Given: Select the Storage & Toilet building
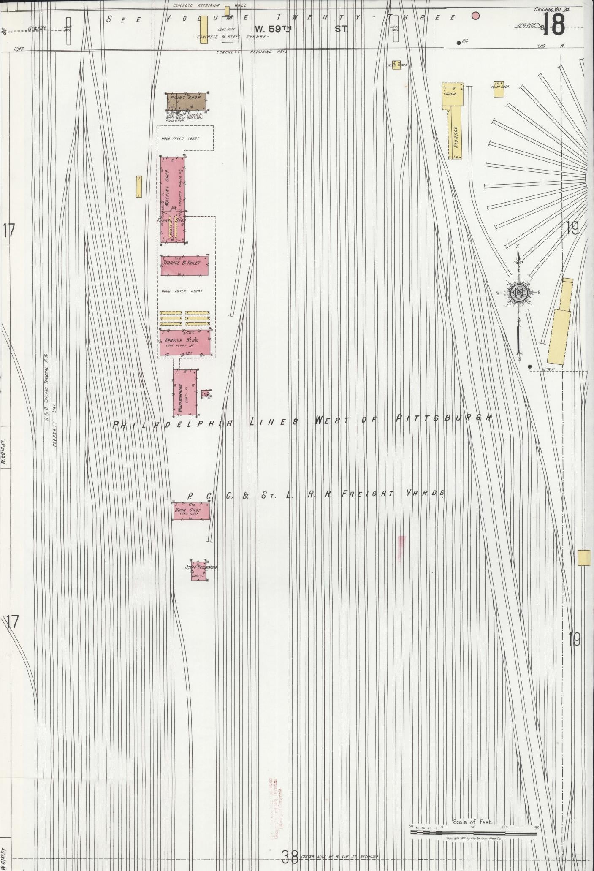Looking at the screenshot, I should [184, 266].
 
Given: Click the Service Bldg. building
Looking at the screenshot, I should [185, 342].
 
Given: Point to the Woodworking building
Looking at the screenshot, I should [185, 392].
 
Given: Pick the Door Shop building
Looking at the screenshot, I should [191, 511].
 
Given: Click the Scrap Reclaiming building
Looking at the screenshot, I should [198, 571].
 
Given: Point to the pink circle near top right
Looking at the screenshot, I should [475, 16].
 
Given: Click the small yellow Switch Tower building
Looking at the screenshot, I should [396, 65].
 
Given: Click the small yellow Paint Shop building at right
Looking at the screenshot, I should [499, 90].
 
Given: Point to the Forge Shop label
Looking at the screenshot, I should [171, 220].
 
